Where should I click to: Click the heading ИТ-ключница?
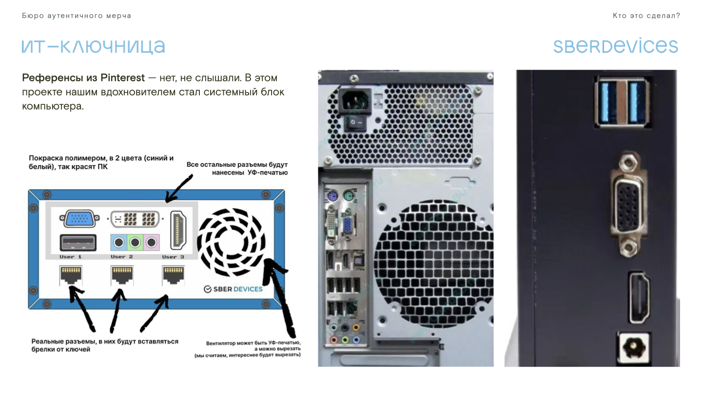pos(93,47)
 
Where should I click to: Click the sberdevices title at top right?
pos(616,46)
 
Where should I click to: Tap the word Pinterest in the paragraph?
pos(122,78)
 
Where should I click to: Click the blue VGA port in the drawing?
pos(79,218)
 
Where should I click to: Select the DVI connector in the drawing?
pos(135,219)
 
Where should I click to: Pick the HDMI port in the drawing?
pos(178,230)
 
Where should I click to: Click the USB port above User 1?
pos(78,243)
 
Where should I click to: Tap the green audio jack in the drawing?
pos(135,242)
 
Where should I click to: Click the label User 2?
pos(121,257)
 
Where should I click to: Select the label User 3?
pos(173,257)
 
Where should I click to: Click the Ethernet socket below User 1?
pos(71,275)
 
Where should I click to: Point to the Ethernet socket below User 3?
pos(174,275)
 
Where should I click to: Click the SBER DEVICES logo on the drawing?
pos(233,289)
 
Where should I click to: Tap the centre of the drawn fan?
pos(231,242)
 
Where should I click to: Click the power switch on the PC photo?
pos(355,122)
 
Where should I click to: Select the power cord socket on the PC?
pos(355,100)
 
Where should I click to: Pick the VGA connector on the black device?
pos(628,205)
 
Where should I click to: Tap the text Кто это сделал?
pos(646,16)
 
